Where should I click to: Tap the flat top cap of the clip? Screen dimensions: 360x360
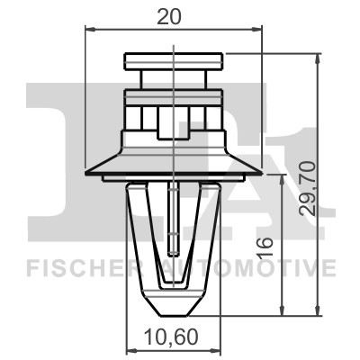tap(174, 61)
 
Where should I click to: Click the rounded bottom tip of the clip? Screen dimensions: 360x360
tap(172, 306)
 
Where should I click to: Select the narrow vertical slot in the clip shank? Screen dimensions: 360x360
tap(172, 220)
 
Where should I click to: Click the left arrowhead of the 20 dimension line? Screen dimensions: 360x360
tap(88, 29)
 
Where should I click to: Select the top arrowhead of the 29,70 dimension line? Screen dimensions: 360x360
tap(318, 58)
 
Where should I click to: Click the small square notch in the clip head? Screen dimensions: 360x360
tap(173, 126)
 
